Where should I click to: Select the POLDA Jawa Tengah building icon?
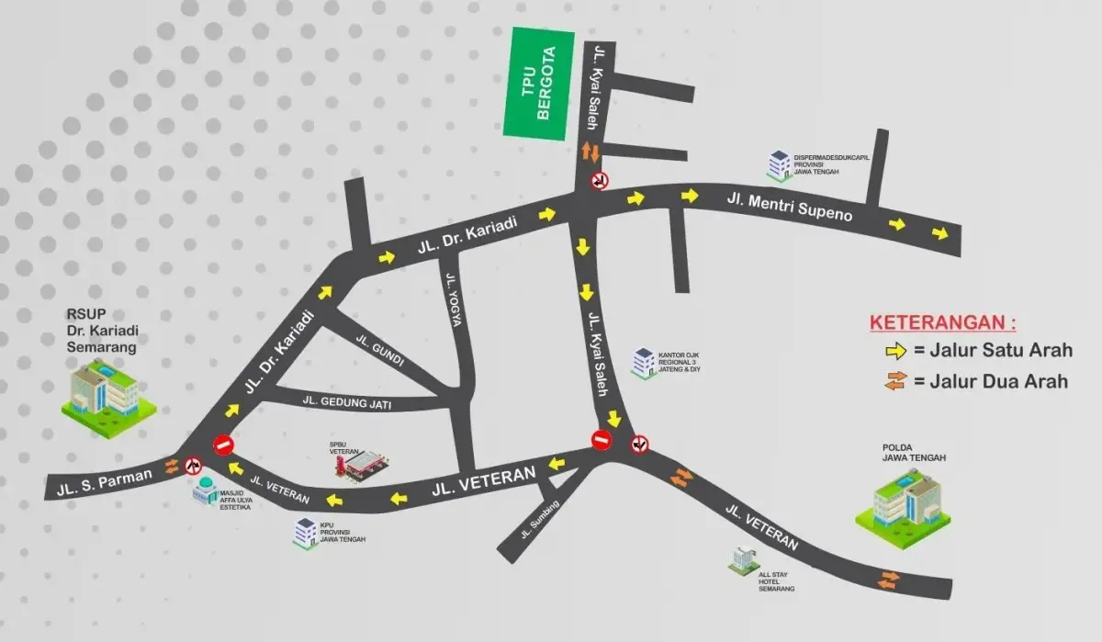click(902, 501)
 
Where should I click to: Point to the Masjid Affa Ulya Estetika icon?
click(205, 491)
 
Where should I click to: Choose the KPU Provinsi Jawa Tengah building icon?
click(304, 532)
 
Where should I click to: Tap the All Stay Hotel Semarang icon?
click(743, 558)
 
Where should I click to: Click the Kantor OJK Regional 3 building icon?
click(642, 362)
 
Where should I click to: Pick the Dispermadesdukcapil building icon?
click(779, 164)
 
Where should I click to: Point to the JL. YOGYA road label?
click(452, 301)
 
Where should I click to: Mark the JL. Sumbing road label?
click(539, 518)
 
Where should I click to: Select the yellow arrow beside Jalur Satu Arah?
click(895, 350)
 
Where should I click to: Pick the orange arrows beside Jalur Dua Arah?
click(895, 381)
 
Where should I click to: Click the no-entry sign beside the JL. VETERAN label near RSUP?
click(223, 445)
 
